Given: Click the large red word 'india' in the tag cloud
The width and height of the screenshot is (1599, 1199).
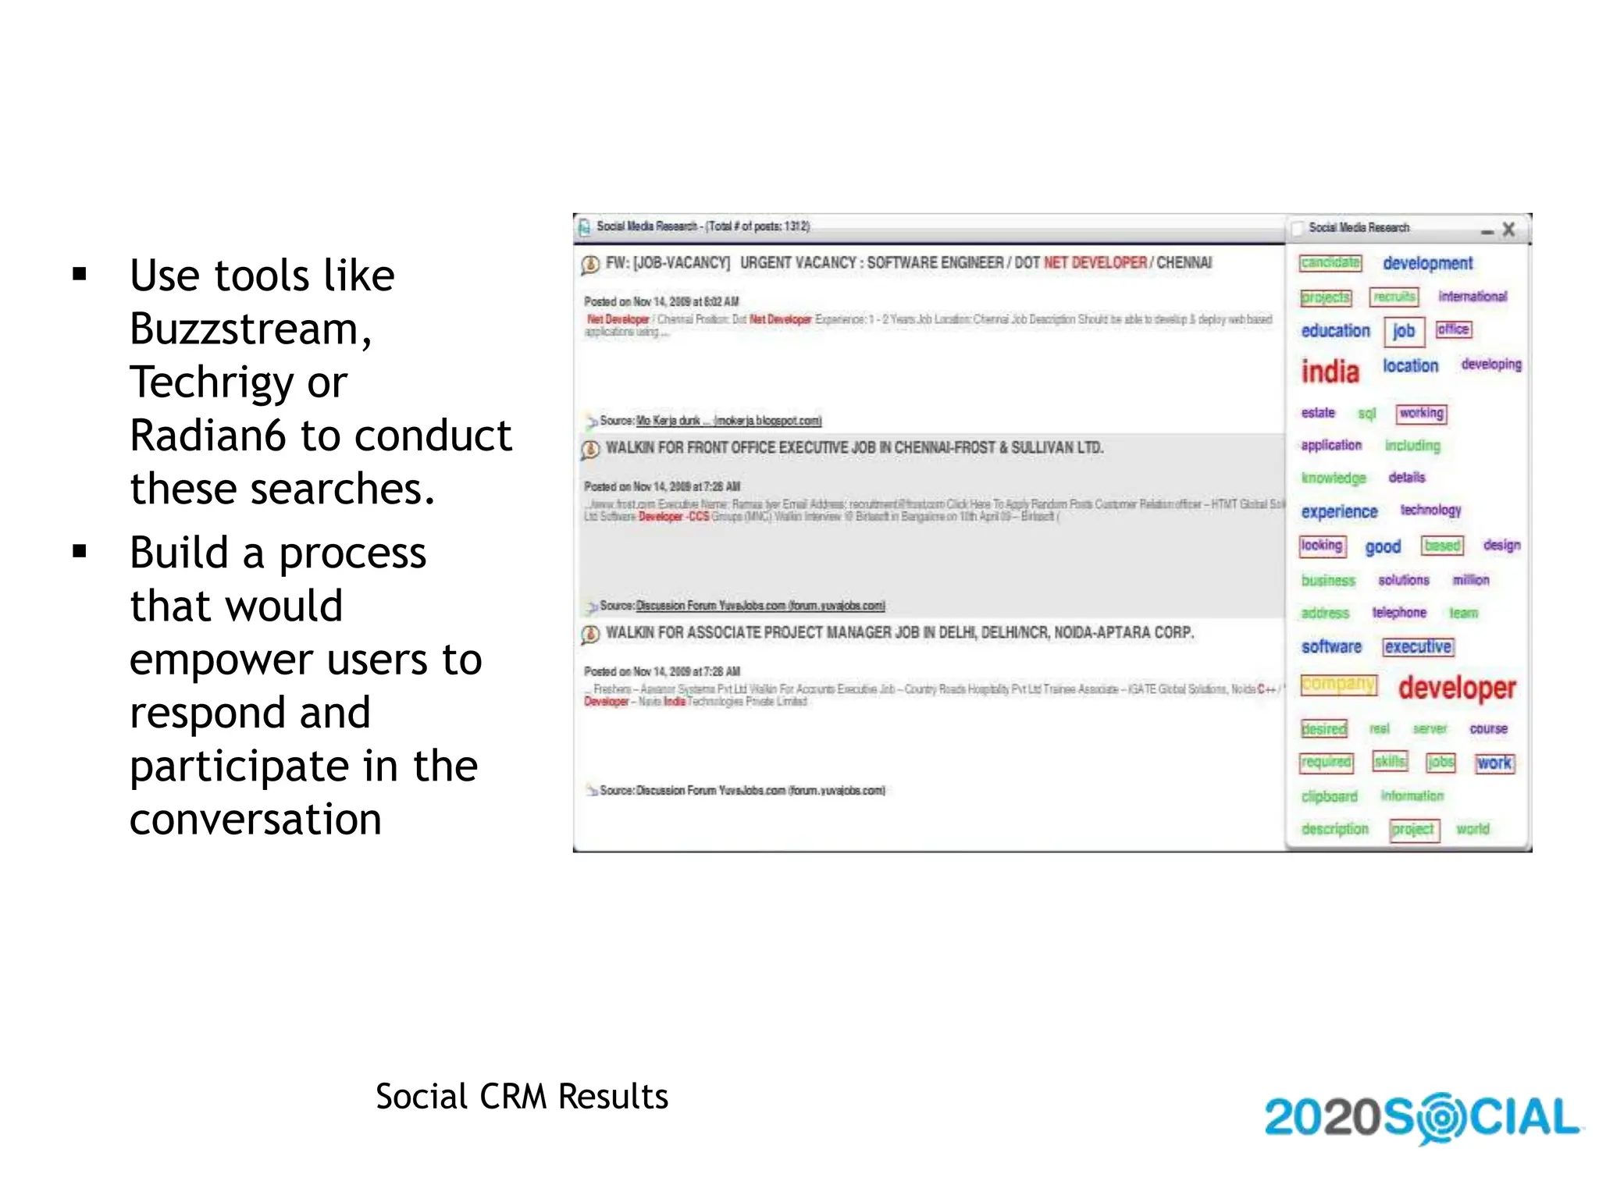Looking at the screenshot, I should point(1330,372).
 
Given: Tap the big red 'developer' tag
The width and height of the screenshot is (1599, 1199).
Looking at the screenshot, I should point(1456,688).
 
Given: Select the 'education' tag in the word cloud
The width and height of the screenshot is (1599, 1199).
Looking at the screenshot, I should point(1335,331).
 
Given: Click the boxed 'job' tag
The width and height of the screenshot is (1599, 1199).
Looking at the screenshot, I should point(1403,331).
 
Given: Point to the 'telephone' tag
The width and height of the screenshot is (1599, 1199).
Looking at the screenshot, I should point(1398,613).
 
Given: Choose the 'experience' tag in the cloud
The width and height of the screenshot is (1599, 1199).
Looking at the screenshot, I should point(1339,511).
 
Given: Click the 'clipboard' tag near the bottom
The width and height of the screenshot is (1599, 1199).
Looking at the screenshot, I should point(1329,796).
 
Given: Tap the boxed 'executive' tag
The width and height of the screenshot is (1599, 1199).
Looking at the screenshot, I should point(1417,646).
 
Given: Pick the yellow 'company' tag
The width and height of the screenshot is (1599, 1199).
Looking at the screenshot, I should point(1338,684).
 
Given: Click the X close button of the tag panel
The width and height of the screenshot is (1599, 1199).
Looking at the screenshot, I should point(1508,229).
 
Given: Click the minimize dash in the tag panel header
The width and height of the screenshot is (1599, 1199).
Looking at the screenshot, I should point(1487,232).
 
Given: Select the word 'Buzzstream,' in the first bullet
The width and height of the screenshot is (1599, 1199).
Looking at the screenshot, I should point(251,329).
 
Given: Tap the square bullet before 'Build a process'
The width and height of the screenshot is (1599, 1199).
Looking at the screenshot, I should point(79,552).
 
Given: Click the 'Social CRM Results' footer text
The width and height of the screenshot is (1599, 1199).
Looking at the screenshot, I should point(522,1096).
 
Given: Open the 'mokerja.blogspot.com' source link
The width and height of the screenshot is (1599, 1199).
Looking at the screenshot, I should point(767,421).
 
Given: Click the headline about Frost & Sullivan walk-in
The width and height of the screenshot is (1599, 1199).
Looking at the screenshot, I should point(854,448).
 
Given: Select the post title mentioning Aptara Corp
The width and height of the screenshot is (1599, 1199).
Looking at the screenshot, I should point(899,632).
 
